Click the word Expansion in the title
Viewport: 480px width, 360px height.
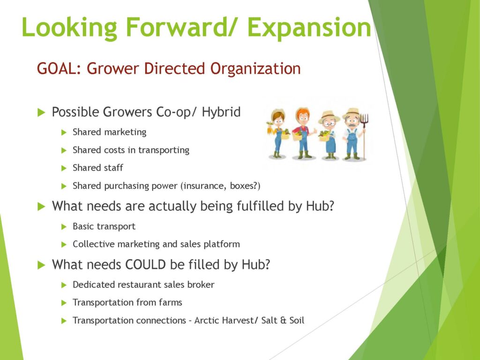pyautogui.click(x=309, y=28)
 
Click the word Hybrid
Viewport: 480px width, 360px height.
pyautogui.click(x=221, y=112)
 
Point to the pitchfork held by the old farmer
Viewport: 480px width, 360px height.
pyautogui.click(x=364, y=136)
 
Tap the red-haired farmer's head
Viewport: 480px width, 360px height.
pyautogui.click(x=303, y=116)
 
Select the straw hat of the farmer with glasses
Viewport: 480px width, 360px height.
pyautogui.click(x=329, y=117)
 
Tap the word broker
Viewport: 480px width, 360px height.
pyautogui.click(x=201, y=285)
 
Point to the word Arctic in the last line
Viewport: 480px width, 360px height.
pyautogui.click(x=207, y=321)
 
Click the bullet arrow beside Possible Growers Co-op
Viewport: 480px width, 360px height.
pyautogui.click(x=41, y=112)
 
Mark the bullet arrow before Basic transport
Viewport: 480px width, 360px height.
pyautogui.click(x=64, y=227)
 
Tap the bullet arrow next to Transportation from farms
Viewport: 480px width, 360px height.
pyautogui.click(x=64, y=303)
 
